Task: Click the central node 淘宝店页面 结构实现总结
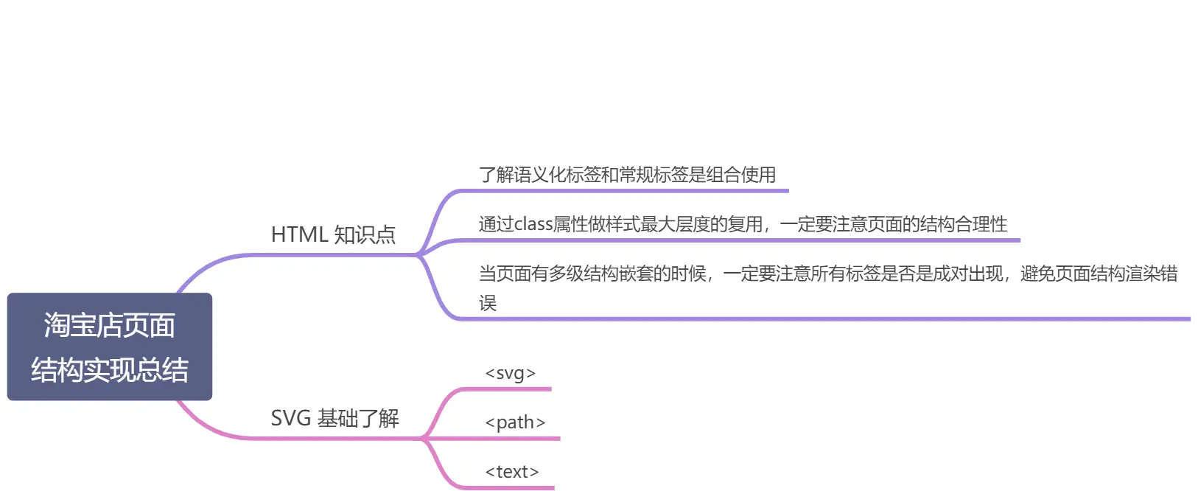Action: pos(110,347)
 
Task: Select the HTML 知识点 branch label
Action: pos(333,234)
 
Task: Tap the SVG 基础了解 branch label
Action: pos(334,418)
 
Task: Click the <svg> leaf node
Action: pos(510,373)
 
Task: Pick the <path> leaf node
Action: pos(515,422)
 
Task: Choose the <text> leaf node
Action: pos(512,472)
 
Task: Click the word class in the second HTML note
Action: pos(533,224)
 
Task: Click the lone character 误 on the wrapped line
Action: pos(488,303)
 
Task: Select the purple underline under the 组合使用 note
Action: pos(626,191)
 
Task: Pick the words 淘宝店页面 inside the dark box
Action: pos(110,325)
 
